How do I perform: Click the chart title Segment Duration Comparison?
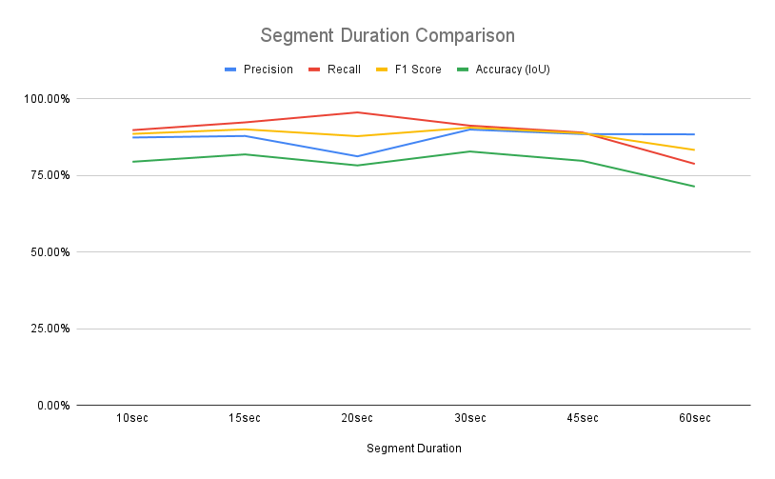(387, 36)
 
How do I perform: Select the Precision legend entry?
(258, 70)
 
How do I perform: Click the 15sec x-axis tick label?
(246, 419)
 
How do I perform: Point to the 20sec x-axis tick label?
(358, 419)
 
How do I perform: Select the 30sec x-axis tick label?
(470, 419)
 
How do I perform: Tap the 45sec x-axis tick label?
(583, 419)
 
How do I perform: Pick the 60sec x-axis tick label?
(694, 419)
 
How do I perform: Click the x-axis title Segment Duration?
(414, 448)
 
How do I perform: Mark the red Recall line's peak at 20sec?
(358, 112)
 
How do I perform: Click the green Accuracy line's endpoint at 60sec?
(694, 187)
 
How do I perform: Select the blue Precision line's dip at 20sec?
(358, 156)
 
